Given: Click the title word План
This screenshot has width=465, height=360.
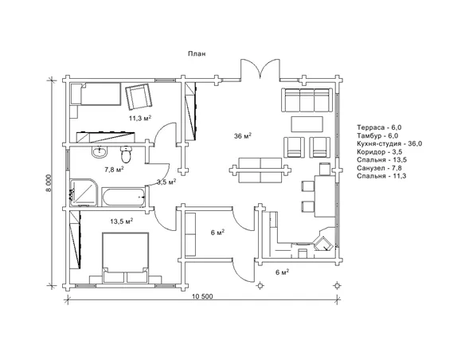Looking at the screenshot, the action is click(197, 53).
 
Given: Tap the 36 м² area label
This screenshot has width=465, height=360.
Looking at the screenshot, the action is click(243, 136).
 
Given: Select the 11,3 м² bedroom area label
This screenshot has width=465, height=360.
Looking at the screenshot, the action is click(140, 118).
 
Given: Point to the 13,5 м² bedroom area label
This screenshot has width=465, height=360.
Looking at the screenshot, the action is click(122, 221).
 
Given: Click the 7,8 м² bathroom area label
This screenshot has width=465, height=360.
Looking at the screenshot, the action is click(114, 170).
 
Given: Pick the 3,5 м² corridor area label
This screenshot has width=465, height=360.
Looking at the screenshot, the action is click(166, 182).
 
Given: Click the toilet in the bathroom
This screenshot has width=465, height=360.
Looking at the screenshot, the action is click(126, 155).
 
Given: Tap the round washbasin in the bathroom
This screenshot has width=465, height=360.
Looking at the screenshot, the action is click(100, 152).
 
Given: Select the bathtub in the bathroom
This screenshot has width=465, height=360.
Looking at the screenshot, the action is click(123, 197).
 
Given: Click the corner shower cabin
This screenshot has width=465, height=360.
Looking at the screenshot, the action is click(84, 193).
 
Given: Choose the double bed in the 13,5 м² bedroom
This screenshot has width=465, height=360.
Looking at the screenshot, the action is click(125, 258).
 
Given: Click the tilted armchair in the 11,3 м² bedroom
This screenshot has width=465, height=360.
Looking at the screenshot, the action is click(139, 96).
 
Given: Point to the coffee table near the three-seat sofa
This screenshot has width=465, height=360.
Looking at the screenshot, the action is click(307, 124).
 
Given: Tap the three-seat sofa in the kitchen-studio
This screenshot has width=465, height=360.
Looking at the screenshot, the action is click(307, 100).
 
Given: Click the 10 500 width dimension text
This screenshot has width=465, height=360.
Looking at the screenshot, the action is click(203, 296).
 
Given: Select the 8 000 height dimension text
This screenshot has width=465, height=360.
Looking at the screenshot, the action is click(49, 183).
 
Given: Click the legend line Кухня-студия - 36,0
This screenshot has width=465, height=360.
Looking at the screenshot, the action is click(389, 144).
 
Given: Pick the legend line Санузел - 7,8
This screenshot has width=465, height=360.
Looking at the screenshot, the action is click(381, 168).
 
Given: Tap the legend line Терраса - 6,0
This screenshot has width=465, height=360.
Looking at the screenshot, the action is click(379, 127).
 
